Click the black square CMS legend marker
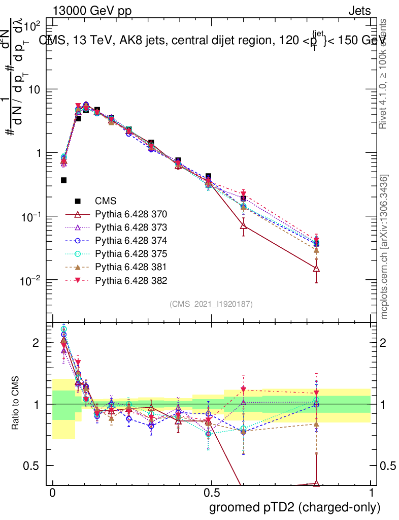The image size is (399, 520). (78, 201)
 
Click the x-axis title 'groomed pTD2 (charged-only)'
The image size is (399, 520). (294, 507)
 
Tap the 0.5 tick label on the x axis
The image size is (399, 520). (211, 493)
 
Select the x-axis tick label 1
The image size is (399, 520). (371, 493)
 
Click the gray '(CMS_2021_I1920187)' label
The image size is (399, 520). (211, 304)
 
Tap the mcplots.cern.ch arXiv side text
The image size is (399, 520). (384, 246)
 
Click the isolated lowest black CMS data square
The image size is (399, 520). (64, 180)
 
